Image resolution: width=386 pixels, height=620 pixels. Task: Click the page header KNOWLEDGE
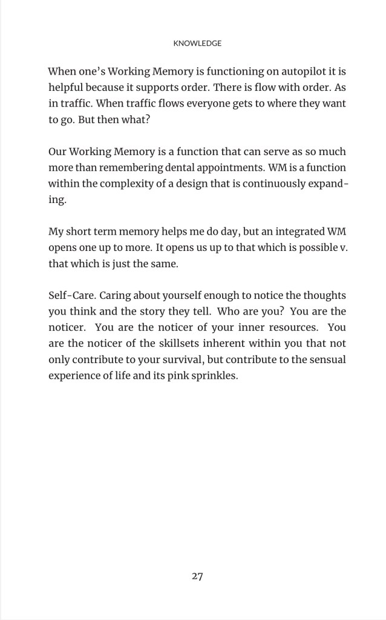(x=197, y=44)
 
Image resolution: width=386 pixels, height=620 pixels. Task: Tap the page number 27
(x=197, y=576)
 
